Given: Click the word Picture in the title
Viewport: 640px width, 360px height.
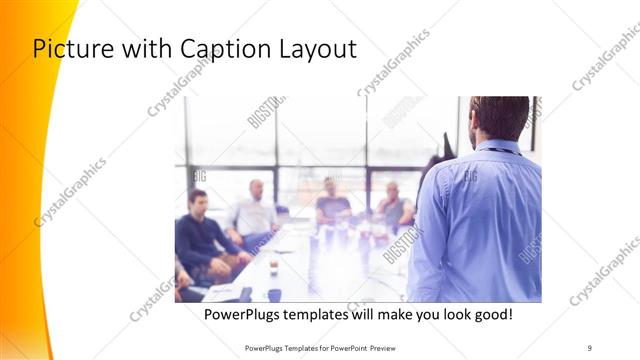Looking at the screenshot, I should (71, 49).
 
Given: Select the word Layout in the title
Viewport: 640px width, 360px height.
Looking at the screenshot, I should (309, 49).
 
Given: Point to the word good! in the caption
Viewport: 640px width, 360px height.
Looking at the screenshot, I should (489, 315).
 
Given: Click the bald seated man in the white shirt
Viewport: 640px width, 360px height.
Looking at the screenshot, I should (254, 211).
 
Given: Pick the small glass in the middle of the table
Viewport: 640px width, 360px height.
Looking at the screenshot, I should (273, 267).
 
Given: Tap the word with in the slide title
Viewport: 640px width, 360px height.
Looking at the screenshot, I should (139, 49).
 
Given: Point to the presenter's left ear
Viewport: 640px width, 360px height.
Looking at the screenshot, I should (473, 122).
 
